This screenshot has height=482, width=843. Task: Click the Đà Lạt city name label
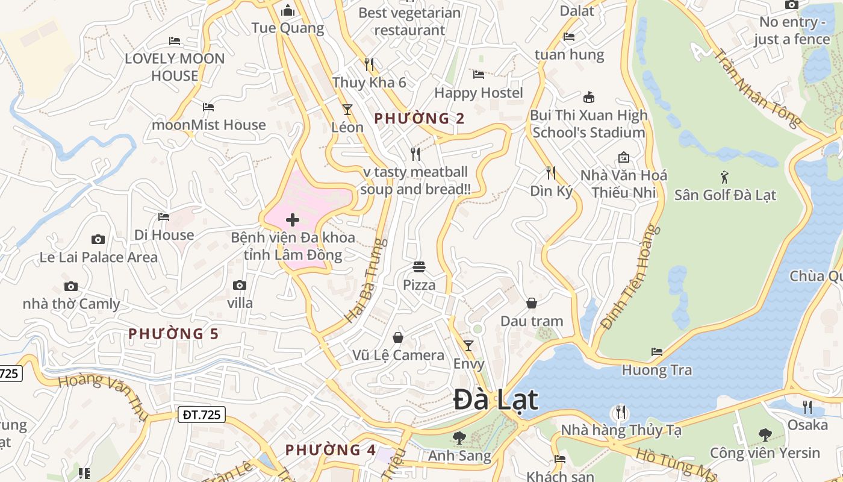tap(496, 400)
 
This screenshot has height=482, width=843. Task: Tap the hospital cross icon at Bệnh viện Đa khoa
tap(293, 220)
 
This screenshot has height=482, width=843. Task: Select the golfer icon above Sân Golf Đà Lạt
tap(724, 177)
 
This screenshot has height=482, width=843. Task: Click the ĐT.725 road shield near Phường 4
tap(202, 415)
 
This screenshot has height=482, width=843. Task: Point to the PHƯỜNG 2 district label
tap(419, 118)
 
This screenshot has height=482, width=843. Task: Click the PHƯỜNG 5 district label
tap(173, 333)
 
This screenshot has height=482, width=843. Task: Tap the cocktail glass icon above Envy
tap(468, 345)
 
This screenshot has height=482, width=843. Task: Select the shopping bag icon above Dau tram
tap(532, 302)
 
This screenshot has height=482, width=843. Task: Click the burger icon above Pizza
tap(419, 266)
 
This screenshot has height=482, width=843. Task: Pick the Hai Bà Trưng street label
tap(365, 280)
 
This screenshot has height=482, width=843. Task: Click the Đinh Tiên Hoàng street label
tap(627, 277)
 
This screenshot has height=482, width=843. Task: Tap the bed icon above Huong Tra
tap(657, 351)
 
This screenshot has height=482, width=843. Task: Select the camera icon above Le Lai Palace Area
tap(98, 239)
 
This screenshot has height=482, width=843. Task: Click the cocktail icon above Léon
tap(347, 109)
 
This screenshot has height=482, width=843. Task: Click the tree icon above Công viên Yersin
tap(765, 434)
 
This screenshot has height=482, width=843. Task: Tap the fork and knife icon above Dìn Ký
tap(551, 173)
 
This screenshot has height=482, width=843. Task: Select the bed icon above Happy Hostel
tap(479, 75)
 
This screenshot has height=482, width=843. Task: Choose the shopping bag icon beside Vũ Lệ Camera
tap(398, 337)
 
